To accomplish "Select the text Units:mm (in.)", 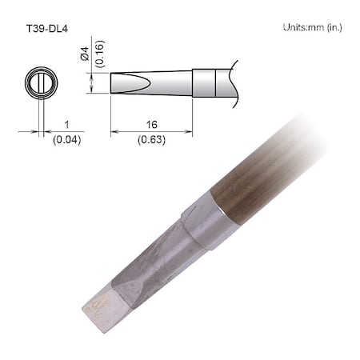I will point(313,27).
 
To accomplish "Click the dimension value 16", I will point(151,126).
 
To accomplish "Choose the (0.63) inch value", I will point(151,139).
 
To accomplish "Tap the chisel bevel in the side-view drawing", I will point(128,83).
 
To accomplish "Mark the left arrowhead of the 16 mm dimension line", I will point(113,132).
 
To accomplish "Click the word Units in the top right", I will point(295,27).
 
